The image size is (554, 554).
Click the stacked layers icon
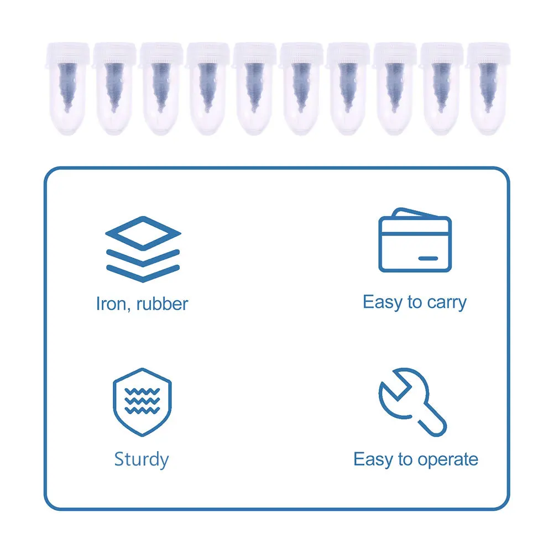[143, 249]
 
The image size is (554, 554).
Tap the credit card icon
[415, 241]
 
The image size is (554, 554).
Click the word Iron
[109, 304]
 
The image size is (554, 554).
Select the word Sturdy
[142, 459]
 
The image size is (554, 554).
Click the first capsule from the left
[67, 88]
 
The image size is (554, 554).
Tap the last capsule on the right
[489, 88]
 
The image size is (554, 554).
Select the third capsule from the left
[161, 88]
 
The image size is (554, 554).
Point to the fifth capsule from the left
[254, 88]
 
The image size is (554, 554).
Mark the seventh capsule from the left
[348, 88]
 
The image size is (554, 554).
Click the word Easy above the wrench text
[370, 459]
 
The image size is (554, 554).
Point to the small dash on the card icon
[427, 258]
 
